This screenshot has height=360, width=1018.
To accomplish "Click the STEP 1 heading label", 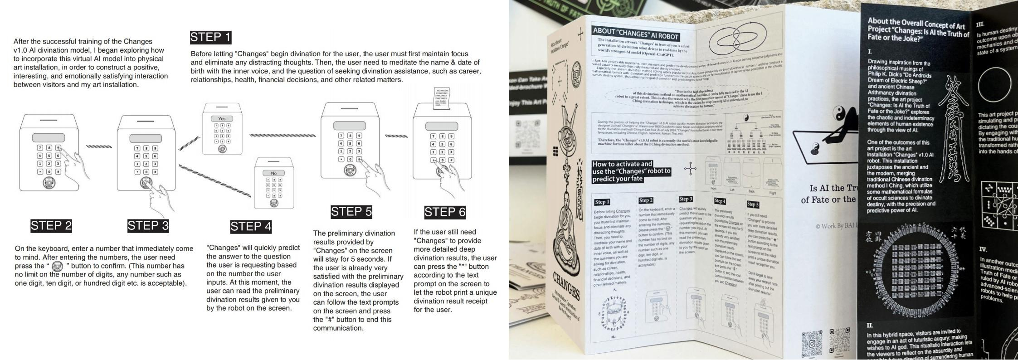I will [211, 37].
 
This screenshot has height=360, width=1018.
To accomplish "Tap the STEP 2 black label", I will [51, 226].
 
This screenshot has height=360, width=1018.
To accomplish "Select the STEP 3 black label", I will [148, 226].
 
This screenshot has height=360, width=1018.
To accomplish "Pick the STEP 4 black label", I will [251, 227].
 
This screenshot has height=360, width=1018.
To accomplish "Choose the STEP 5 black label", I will [351, 212].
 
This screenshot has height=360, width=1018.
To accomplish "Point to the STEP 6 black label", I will [445, 212].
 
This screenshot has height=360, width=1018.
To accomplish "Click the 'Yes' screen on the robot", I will [222, 119].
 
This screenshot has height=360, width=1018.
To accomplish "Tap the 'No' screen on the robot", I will [273, 173].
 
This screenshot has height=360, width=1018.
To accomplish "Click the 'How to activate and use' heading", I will [631, 171].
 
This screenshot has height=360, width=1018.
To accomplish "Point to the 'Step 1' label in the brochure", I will [602, 202].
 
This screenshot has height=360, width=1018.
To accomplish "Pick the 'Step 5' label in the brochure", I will [752, 204].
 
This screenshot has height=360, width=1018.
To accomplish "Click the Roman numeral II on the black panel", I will [870, 325].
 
